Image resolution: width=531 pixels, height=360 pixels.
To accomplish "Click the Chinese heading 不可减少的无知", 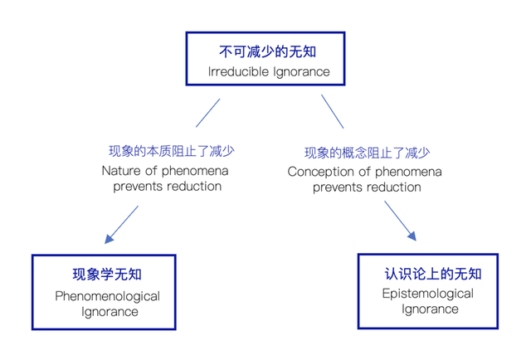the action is (x=267, y=51).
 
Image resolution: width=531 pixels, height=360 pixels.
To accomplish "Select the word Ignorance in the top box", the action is (x=301, y=72).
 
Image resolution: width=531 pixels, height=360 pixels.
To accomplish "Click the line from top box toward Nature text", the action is (x=208, y=113).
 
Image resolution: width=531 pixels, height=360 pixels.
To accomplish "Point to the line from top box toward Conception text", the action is (x=332, y=111).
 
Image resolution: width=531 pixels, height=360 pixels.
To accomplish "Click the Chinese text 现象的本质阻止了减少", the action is (x=172, y=151).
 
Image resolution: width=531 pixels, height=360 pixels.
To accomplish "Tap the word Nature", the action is (x=121, y=171).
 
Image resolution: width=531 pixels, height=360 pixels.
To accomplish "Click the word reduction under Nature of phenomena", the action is (x=194, y=187).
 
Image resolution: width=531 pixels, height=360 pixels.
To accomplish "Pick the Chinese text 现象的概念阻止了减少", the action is (x=367, y=153).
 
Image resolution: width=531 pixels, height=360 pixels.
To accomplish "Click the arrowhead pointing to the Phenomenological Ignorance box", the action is (x=109, y=238).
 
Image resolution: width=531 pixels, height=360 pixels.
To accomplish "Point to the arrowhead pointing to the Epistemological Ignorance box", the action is (x=412, y=236).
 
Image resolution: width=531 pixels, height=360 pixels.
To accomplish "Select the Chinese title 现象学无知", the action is (x=107, y=275).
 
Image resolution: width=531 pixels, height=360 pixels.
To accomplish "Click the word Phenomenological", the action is (x=107, y=297).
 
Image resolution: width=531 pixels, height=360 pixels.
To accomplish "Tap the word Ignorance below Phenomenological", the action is (x=110, y=312).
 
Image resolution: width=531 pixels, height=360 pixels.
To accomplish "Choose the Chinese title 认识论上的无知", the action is (x=433, y=274).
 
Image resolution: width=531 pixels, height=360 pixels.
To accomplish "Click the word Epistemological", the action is (x=428, y=294).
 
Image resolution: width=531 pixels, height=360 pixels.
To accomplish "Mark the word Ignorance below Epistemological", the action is (x=430, y=309).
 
